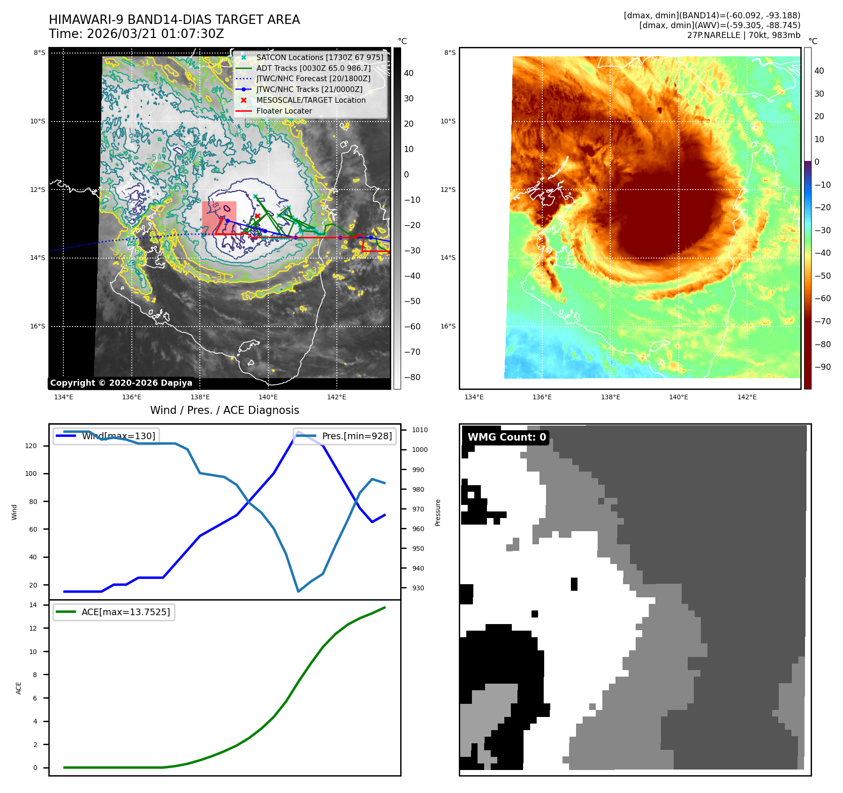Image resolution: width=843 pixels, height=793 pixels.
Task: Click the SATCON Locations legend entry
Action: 319,57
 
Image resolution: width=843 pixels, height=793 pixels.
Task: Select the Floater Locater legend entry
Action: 284,111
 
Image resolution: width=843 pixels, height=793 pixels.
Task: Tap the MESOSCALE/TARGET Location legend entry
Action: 311,100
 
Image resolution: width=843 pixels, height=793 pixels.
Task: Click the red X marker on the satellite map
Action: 258,216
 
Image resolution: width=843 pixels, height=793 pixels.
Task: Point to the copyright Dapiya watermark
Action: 121,383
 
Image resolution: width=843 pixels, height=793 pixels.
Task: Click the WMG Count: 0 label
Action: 507,437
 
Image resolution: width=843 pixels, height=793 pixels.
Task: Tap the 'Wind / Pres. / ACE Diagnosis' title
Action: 224,410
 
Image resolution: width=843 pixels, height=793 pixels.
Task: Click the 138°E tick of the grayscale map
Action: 200,397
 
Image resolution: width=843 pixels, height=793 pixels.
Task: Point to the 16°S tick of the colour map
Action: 448,326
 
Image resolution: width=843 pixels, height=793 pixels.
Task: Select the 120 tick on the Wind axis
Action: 31,446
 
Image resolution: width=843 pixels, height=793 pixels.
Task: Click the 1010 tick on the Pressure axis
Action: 419,430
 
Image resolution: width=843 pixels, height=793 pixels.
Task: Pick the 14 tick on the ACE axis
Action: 33,605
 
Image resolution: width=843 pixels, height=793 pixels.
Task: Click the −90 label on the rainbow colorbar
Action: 822,367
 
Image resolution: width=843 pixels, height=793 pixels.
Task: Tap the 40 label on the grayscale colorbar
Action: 409,73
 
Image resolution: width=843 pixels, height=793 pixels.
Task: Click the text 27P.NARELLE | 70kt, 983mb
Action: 744,35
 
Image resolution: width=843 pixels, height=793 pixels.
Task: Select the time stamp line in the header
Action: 136,34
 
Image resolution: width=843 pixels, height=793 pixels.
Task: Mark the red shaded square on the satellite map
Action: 219,218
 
